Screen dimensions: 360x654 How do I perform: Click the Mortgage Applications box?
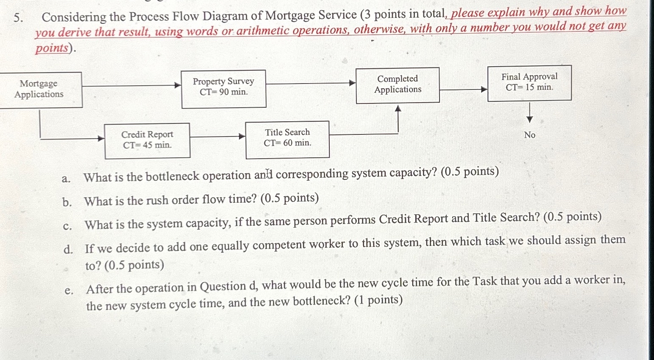39,89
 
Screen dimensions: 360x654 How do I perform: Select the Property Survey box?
223,89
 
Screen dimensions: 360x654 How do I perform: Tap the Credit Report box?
147,140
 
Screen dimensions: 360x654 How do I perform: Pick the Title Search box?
287,139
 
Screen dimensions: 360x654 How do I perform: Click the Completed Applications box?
397,85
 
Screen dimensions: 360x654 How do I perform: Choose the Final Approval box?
529,83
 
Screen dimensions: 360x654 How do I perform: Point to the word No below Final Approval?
529,135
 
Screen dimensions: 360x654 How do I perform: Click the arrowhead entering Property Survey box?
178,86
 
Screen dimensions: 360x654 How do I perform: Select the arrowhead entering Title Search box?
242,137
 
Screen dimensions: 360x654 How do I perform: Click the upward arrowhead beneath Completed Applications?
398,109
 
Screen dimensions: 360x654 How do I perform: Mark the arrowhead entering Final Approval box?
484,89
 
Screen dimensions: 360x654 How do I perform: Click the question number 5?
17,17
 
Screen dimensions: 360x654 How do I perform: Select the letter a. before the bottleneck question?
66,179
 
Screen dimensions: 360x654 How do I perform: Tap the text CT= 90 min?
224,92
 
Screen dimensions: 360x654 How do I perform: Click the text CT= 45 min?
147,145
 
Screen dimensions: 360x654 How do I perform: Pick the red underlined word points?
51,48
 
